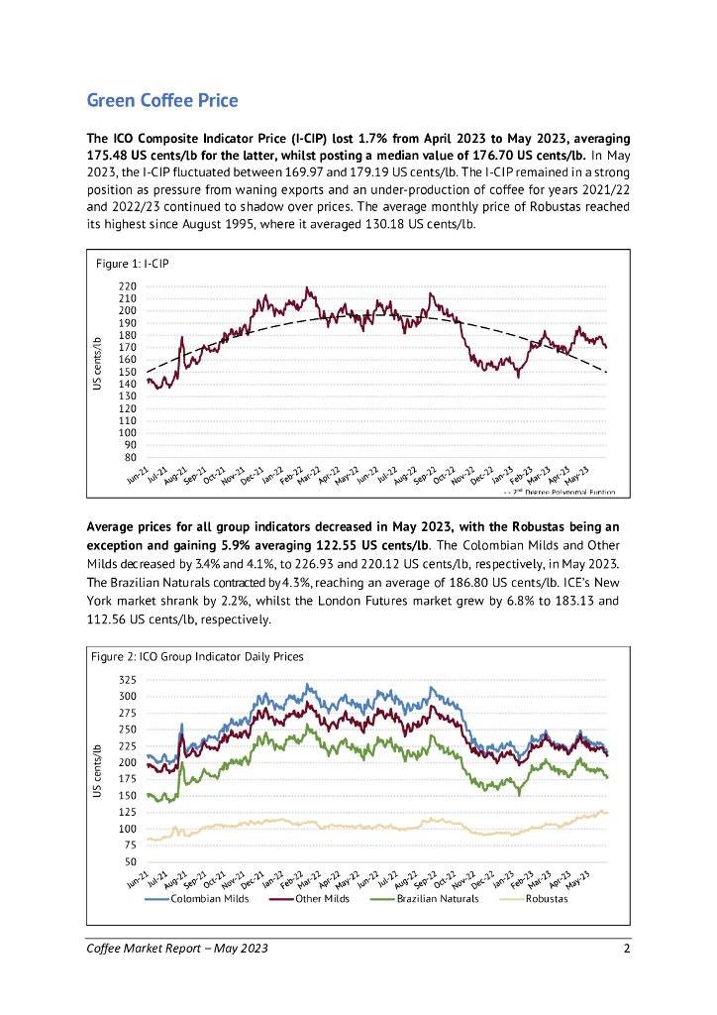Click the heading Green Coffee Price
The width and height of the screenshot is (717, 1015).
pos(162,100)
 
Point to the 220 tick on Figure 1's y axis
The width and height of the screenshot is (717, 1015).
pos(127,286)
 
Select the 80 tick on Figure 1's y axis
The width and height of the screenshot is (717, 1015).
pos(130,457)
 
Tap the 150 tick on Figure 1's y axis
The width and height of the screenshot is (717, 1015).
pos(127,372)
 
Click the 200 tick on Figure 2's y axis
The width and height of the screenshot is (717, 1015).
pos(127,762)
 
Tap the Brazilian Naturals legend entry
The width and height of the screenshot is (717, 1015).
pos(437,898)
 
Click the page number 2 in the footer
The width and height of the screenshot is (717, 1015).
pos(626,949)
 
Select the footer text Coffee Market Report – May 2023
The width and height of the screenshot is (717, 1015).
pos(177,949)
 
